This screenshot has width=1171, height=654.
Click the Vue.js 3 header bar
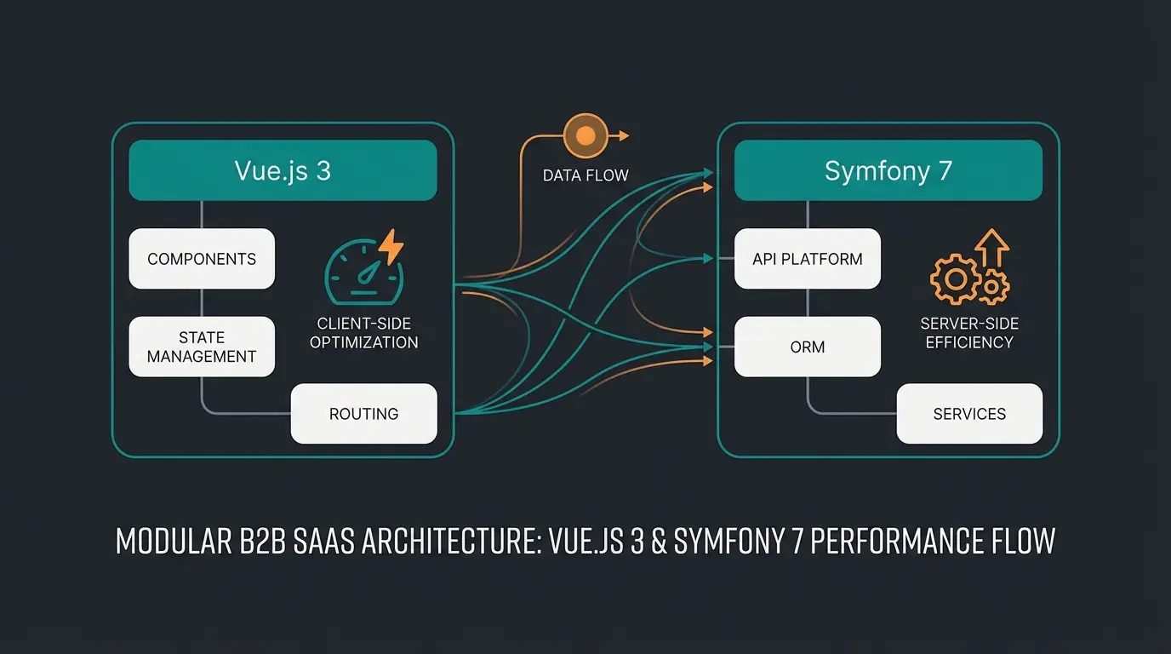click(x=283, y=170)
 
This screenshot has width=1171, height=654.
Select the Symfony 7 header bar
click(x=888, y=170)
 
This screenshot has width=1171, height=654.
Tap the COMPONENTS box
click(x=202, y=259)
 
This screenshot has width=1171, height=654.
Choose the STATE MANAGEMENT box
click(x=202, y=347)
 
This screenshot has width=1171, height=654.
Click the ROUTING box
click(x=363, y=414)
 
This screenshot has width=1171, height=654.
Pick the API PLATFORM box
click(x=807, y=259)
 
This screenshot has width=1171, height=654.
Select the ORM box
click(x=807, y=347)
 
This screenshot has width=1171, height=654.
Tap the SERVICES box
click(x=969, y=414)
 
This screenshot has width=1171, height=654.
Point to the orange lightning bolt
click(x=391, y=246)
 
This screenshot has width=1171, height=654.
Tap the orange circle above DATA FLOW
click(x=585, y=135)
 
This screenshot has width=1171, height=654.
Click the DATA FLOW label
click(x=585, y=176)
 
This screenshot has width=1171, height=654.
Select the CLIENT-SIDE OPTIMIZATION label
click(x=363, y=333)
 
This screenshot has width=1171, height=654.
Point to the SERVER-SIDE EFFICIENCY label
click(x=969, y=333)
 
